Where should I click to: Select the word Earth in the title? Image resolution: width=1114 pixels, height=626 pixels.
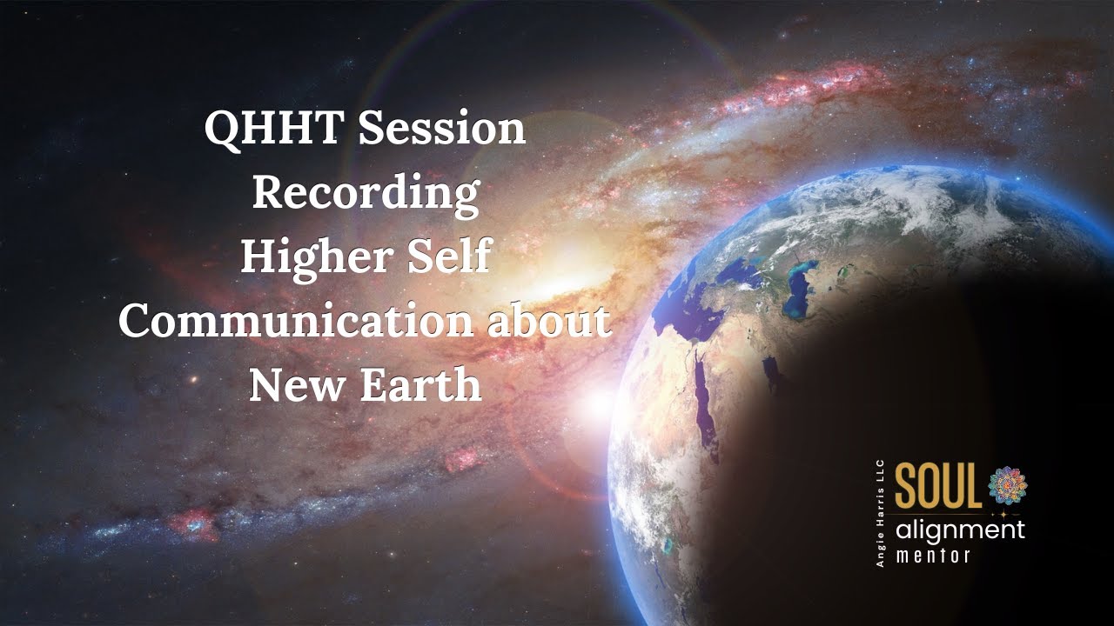pyautogui.click(x=421, y=385)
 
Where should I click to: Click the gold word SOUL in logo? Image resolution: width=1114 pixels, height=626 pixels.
pyautogui.click(x=938, y=487)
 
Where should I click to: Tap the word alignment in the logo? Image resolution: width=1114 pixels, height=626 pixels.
pyautogui.click(x=961, y=530)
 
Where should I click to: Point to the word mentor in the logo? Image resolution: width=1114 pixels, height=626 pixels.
pyautogui.click(x=933, y=556)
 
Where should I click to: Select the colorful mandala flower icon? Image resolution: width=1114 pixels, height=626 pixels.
pyautogui.click(x=1007, y=484)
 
